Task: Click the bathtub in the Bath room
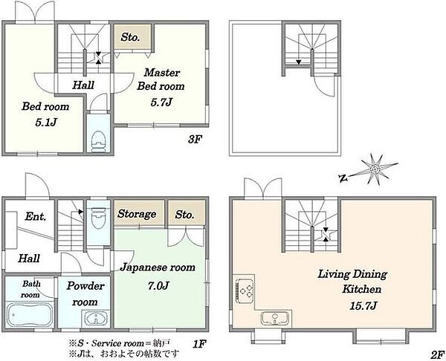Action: coord(30,315)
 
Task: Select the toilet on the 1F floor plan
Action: coord(98,217)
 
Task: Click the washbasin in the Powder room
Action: coord(96,319)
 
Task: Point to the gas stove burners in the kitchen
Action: coord(245,290)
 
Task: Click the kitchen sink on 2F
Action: coord(275,318)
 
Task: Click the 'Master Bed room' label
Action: coord(161,79)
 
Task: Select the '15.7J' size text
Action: coord(363,305)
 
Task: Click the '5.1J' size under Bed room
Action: coord(46,123)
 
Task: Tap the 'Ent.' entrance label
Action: coord(35,217)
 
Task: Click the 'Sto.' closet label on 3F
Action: coord(130,37)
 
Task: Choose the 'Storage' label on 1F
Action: coord(137,214)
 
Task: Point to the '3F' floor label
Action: coord(195,140)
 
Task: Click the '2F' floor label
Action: coord(438,354)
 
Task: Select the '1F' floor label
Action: coord(199,345)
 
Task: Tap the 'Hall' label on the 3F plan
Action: coord(83,85)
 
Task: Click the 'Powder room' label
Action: coord(85,294)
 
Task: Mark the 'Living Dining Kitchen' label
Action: coord(352,282)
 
